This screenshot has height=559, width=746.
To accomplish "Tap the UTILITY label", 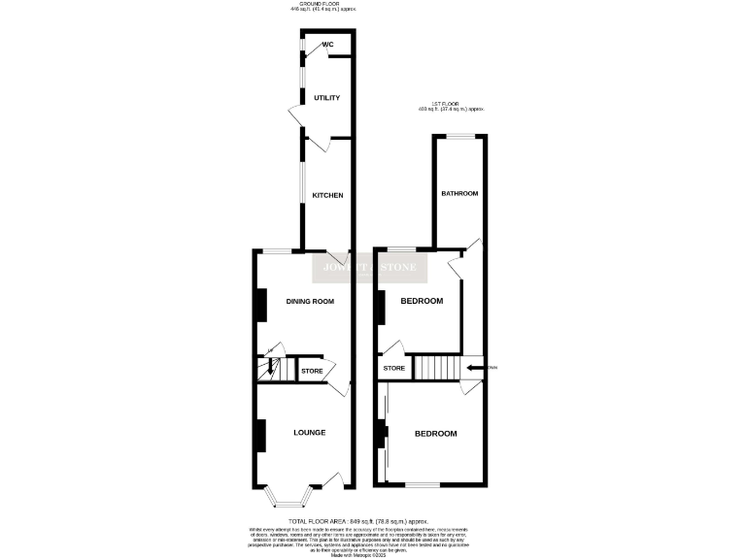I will (x=326, y=98).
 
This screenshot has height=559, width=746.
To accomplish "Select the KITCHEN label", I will (x=327, y=196).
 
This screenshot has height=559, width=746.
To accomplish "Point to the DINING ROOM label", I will (x=310, y=302).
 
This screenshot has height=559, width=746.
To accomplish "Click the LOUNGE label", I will (x=309, y=432).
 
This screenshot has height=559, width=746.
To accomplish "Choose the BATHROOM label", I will (x=459, y=193).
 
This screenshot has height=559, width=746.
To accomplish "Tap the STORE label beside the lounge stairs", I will (x=312, y=371).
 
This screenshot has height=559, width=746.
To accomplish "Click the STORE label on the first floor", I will (x=393, y=368).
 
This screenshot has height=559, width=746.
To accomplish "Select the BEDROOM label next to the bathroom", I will (x=422, y=302).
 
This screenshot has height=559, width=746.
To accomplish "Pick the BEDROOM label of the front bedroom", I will (x=435, y=433).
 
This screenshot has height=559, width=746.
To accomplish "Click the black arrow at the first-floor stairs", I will (x=475, y=368).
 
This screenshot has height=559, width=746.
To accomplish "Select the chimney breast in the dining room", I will (x=260, y=305).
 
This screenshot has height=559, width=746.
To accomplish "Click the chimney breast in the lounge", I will (x=260, y=435).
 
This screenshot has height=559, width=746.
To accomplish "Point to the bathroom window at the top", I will (x=458, y=136).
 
